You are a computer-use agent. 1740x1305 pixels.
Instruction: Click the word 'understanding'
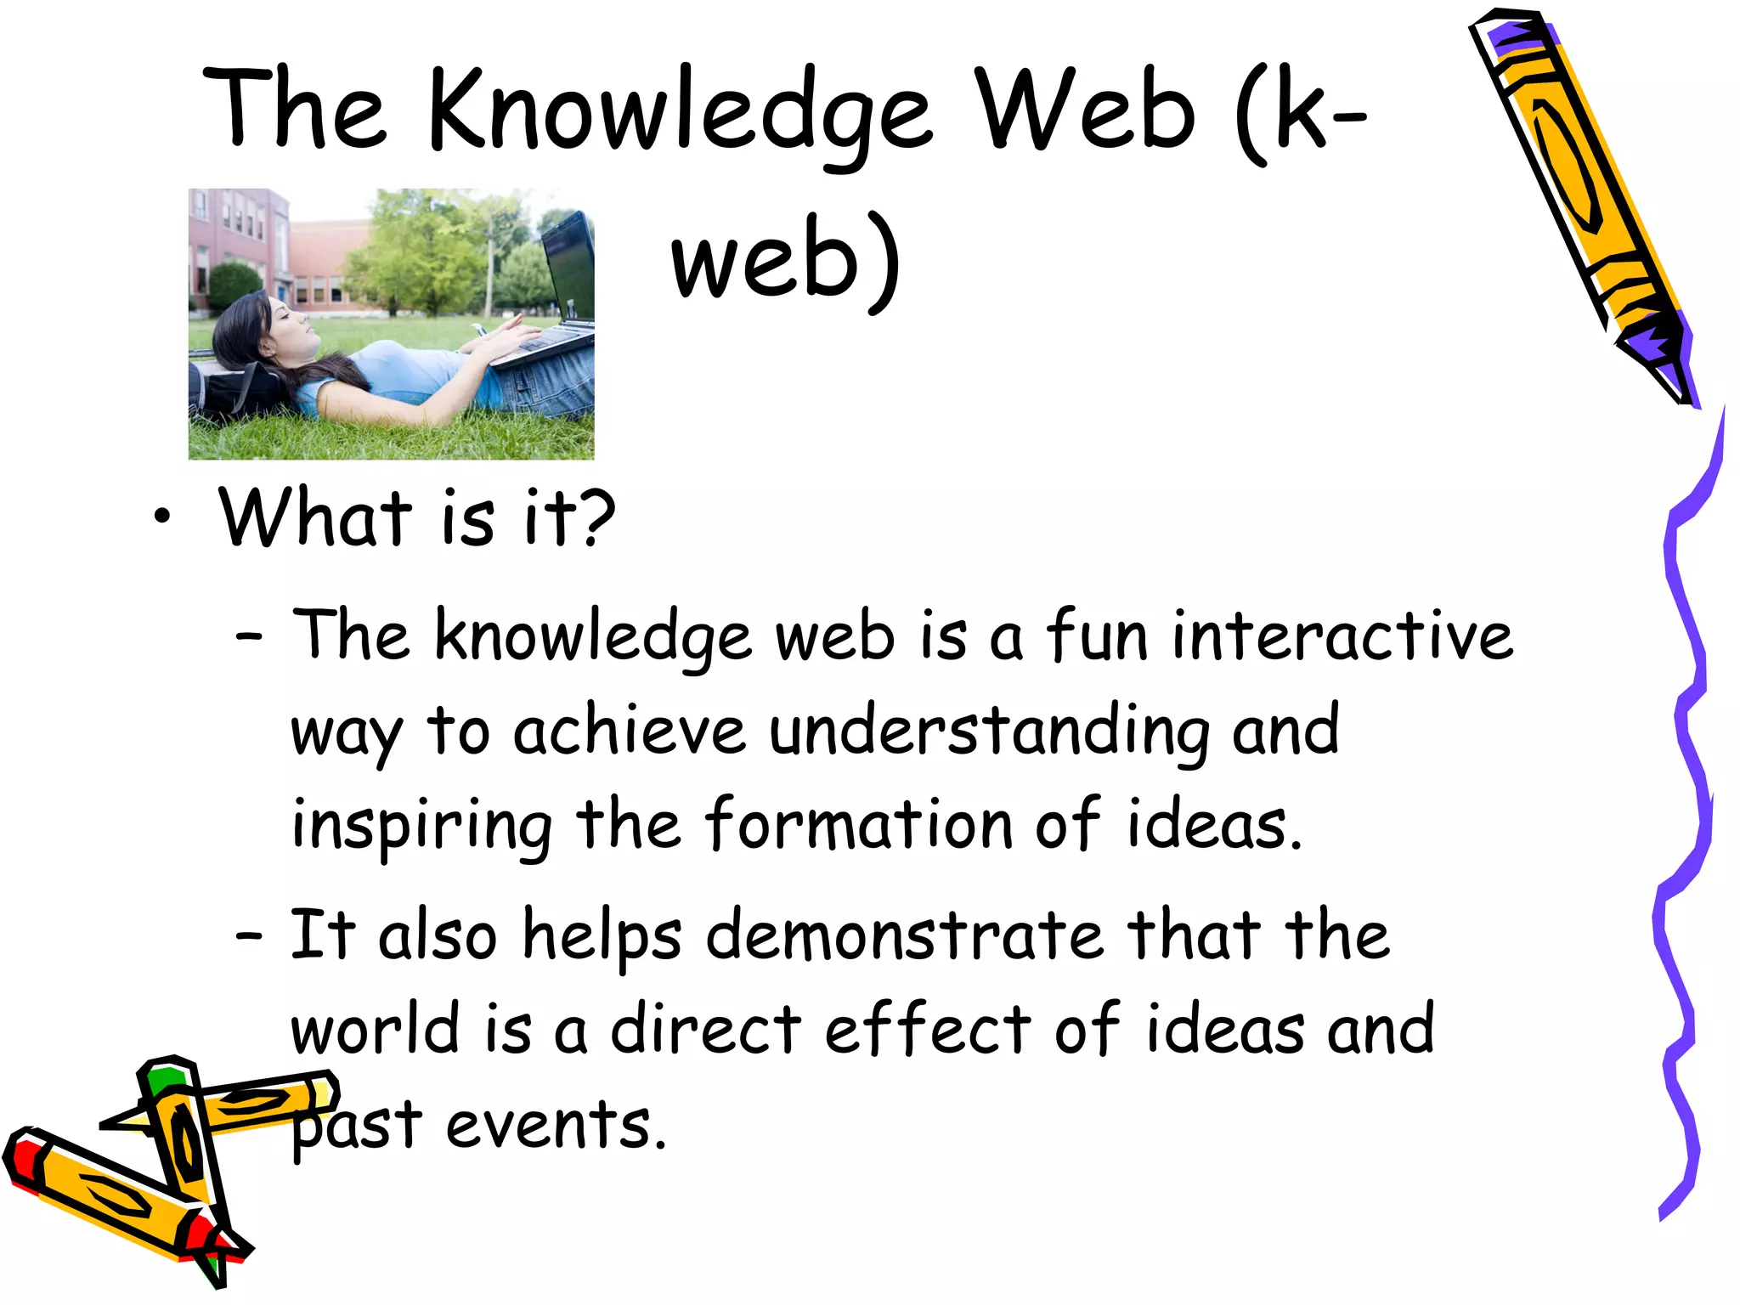(989, 731)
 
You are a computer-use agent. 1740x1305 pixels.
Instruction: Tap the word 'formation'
(858, 824)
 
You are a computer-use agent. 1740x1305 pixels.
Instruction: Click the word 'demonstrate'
(904, 935)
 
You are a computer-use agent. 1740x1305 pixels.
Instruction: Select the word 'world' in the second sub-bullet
(375, 1029)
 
